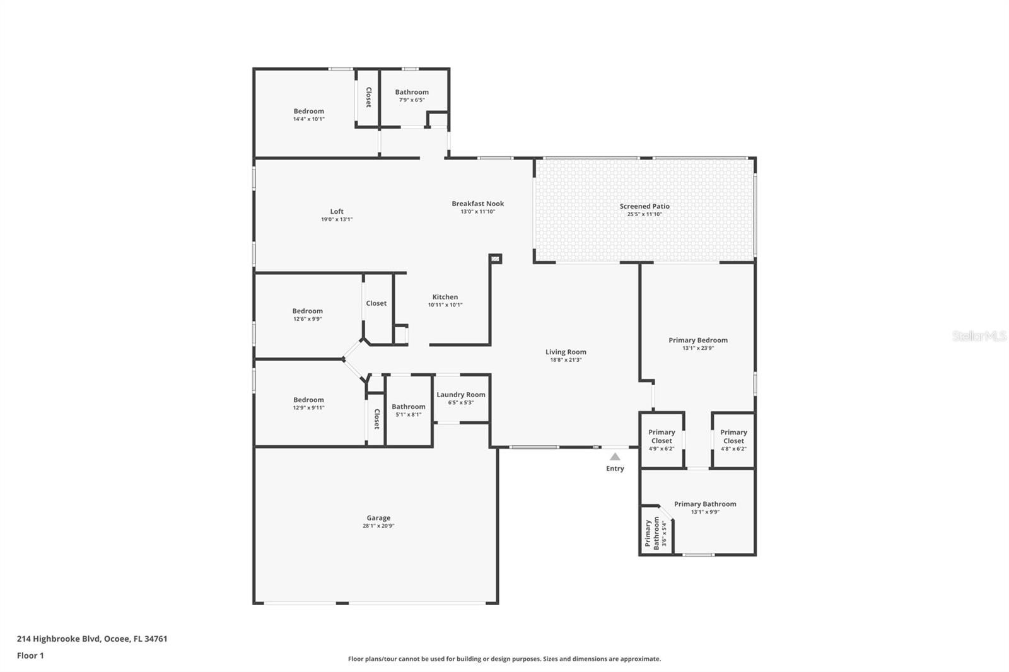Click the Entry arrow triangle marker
[x=615, y=456]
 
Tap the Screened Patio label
[x=644, y=206]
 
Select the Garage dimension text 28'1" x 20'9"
[x=378, y=526]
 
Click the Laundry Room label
[x=460, y=395]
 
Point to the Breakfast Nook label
[x=477, y=204]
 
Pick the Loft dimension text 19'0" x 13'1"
[x=337, y=219]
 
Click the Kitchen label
[x=445, y=297]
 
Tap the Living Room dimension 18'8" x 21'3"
[x=566, y=360]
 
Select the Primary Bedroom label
[x=697, y=340]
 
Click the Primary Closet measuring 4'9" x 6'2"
[x=662, y=440]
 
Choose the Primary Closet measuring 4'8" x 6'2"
[x=733, y=440]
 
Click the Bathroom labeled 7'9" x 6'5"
[x=412, y=95]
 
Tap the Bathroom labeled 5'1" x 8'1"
[x=408, y=410]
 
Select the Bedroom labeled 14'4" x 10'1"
[x=308, y=115]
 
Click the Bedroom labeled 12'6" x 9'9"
[x=307, y=315]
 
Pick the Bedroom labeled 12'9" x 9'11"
[x=308, y=403]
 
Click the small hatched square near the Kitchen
[x=495, y=258]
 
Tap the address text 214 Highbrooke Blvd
[x=92, y=639]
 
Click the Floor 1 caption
[x=30, y=656]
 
